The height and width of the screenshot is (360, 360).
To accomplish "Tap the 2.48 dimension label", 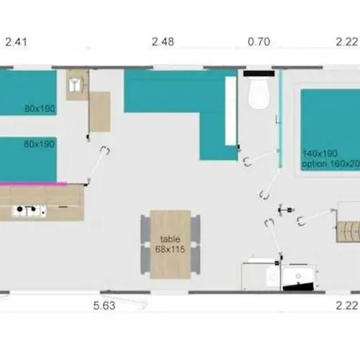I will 163,41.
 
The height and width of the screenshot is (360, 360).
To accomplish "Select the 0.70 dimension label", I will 259,41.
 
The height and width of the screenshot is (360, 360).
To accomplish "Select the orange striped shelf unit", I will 348,233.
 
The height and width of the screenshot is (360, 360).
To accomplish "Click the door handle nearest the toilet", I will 246,160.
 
